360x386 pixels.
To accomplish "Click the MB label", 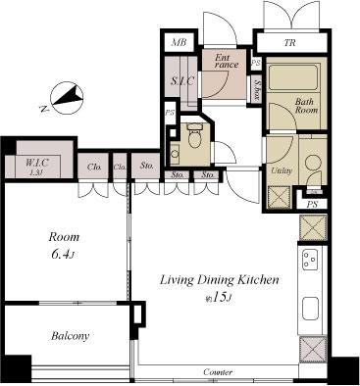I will point(179,42).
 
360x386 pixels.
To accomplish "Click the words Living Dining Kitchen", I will point(220,279).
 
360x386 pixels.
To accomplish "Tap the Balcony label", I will point(70,336).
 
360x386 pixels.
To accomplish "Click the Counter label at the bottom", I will point(218,373).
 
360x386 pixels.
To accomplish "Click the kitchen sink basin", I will point(313,310).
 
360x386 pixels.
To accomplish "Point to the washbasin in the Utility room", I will point(313,164).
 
